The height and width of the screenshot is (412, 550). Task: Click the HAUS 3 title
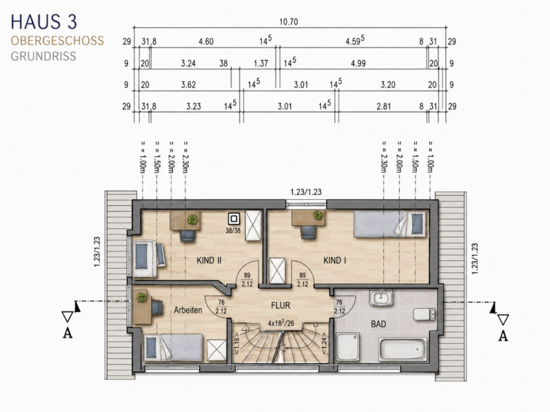coord(44,21)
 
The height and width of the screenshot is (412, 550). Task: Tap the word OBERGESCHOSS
coord(57,41)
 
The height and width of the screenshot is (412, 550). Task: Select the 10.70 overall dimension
coord(288,21)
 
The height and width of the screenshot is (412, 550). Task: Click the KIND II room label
coord(209,260)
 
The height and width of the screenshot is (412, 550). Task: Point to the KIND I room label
coord(335,260)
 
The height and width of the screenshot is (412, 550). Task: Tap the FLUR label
coord(280,306)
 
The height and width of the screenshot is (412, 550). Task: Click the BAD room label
coord(378,324)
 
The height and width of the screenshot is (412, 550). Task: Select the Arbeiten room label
coord(188,310)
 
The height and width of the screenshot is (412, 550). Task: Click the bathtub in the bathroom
coord(403,349)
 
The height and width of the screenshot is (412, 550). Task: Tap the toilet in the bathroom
coord(425,314)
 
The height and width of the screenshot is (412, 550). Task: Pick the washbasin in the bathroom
coord(381,298)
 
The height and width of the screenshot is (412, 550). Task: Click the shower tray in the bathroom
coord(348,347)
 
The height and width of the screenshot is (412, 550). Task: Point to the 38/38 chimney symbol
coord(234,219)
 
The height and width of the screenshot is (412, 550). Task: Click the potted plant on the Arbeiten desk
coord(142,298)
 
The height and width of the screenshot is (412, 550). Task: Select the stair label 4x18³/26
coord(280,323)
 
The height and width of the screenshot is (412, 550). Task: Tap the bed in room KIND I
coord(390,225)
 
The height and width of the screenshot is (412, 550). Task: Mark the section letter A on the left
coord(68,333)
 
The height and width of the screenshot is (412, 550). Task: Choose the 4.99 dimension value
coord(358,63)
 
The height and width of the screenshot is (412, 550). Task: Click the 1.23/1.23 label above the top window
coord(306,192)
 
